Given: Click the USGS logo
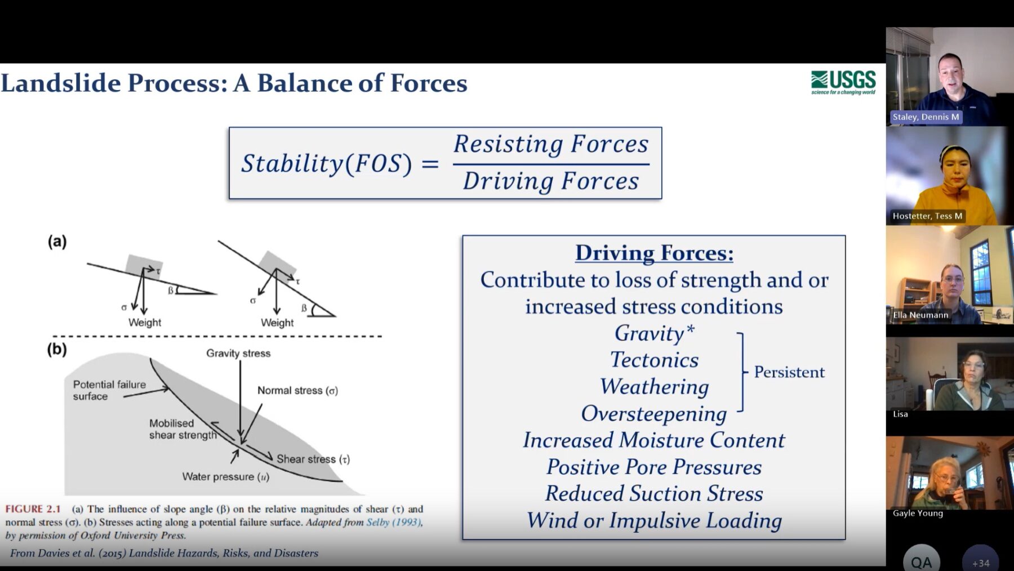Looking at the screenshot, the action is pyautogui.click(x=843, y=83).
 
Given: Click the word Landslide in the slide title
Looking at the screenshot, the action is pyautogui.click(x=60, y=83).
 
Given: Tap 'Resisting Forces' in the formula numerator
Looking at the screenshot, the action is pyautogui.click(x=551, y=144).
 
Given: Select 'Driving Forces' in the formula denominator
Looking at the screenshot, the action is pyautogui.click(x=551, y=181).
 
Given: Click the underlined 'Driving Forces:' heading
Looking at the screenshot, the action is pyautogui.click(x=654, y=253).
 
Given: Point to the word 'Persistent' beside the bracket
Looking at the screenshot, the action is pyautogui.click(x=789, y=372).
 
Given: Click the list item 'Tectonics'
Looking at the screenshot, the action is pyautogui.click(x=654, y=360).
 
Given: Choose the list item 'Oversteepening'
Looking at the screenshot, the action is pyautogui.click(x=654, y=414).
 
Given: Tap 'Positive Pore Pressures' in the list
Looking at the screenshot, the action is pyautogui.click(x=654, y=467).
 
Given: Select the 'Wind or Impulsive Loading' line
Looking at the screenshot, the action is pyautogui.click(x=654, y=520).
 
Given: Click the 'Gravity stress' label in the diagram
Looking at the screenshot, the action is pyautogui.click(x=238, y=353).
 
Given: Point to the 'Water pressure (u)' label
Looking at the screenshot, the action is pyautogui.click(x=225, y=477).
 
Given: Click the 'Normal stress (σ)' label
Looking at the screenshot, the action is pyautogui.click(x=297, y=390).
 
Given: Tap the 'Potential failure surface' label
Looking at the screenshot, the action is pyautogui.click(x=109, y=390).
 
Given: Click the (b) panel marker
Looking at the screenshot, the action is pyautogui.click(x=57, y=350).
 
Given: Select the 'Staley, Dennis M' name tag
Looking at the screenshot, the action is pyautogui.click(x=926, y=117).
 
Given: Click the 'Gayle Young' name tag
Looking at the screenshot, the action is pyautogui.click(x=918, y=513).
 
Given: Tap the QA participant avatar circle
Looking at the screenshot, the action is pyautogui.click(x=922, y=560).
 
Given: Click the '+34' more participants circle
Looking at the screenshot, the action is pyautogui.click(x=981, y=560).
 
